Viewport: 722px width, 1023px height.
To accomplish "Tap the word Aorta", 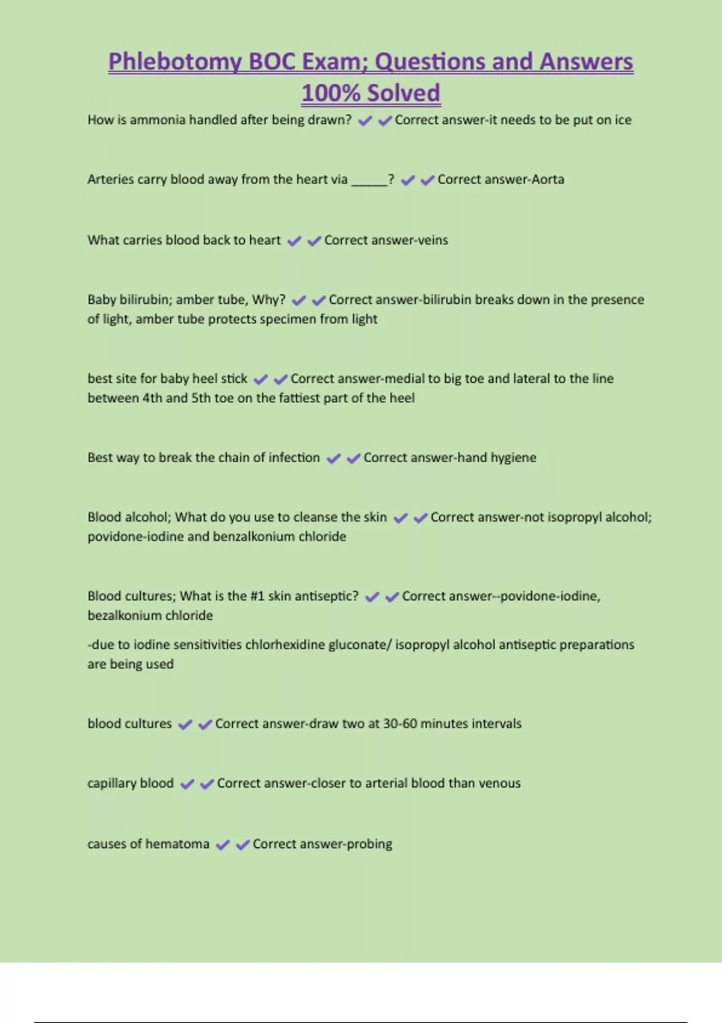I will [548, 179].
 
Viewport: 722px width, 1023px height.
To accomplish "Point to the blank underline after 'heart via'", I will [369, 181].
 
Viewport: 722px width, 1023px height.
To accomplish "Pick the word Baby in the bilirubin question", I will [102, 300].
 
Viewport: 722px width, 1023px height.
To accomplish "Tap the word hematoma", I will [177, 844].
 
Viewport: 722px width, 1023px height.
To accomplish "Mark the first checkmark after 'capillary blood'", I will [187, 784].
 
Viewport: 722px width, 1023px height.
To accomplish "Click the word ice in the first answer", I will [623, 120].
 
